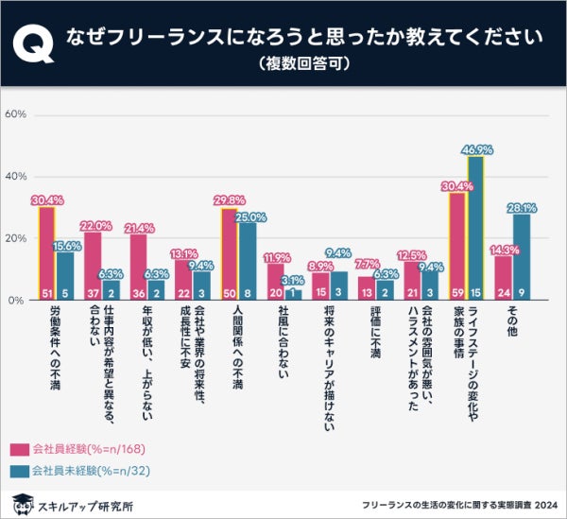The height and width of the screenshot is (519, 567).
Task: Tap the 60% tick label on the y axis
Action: click(x=16, y=115)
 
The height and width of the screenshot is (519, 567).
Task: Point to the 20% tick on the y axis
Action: click(x=16, y=238)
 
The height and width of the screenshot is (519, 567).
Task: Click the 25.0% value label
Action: click(x=247, y=216)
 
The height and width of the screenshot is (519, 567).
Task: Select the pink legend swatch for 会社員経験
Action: click(x=19, y=449)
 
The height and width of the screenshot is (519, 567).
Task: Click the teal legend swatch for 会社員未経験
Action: click(x=19, y=469)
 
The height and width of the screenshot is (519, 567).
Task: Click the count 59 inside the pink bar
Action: click(x=458, y=293)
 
